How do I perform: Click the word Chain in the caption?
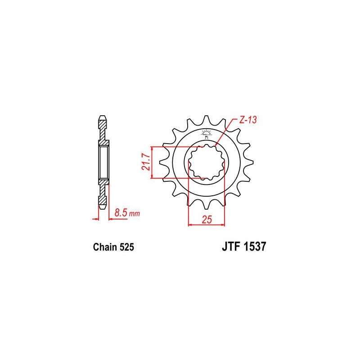point(104,247)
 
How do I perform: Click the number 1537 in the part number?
point(254,247)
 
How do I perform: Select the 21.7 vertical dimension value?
point(145,162)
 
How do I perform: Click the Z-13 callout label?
point(248,120)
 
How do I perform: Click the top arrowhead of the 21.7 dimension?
point(153,149)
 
